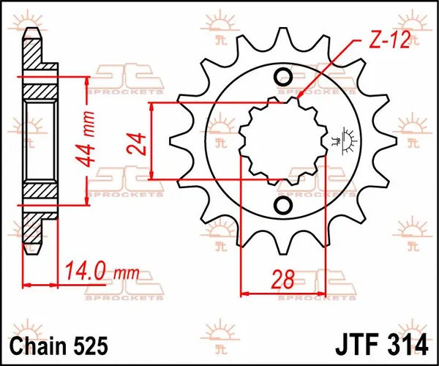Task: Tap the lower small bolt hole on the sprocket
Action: [283, 203]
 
